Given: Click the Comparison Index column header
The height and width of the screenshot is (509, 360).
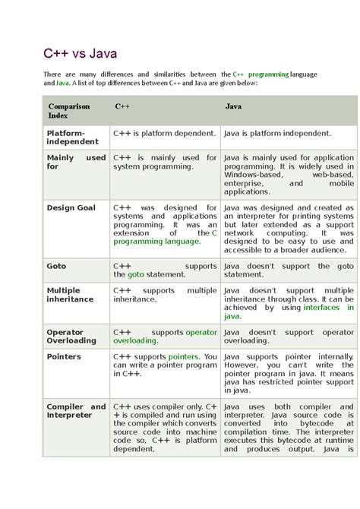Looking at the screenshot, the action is point(69,111).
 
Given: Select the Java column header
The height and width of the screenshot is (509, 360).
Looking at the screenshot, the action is point(233,106).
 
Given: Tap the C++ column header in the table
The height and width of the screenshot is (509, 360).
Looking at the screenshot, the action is point(122,106).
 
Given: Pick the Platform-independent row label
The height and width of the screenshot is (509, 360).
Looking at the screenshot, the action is point(72,137).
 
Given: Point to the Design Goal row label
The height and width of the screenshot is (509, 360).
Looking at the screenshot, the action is point(71,207).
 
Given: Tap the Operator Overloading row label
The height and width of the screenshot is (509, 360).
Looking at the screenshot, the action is point(71,337).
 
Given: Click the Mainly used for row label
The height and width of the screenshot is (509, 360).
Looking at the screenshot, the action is point(76,162).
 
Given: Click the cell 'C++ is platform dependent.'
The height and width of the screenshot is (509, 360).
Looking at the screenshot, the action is point(165,133).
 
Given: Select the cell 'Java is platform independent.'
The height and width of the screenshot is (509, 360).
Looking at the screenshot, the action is point(277,133).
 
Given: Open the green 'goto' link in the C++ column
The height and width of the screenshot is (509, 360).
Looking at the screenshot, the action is point(136,275).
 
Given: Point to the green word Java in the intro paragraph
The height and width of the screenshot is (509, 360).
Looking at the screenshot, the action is point(63,83).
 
